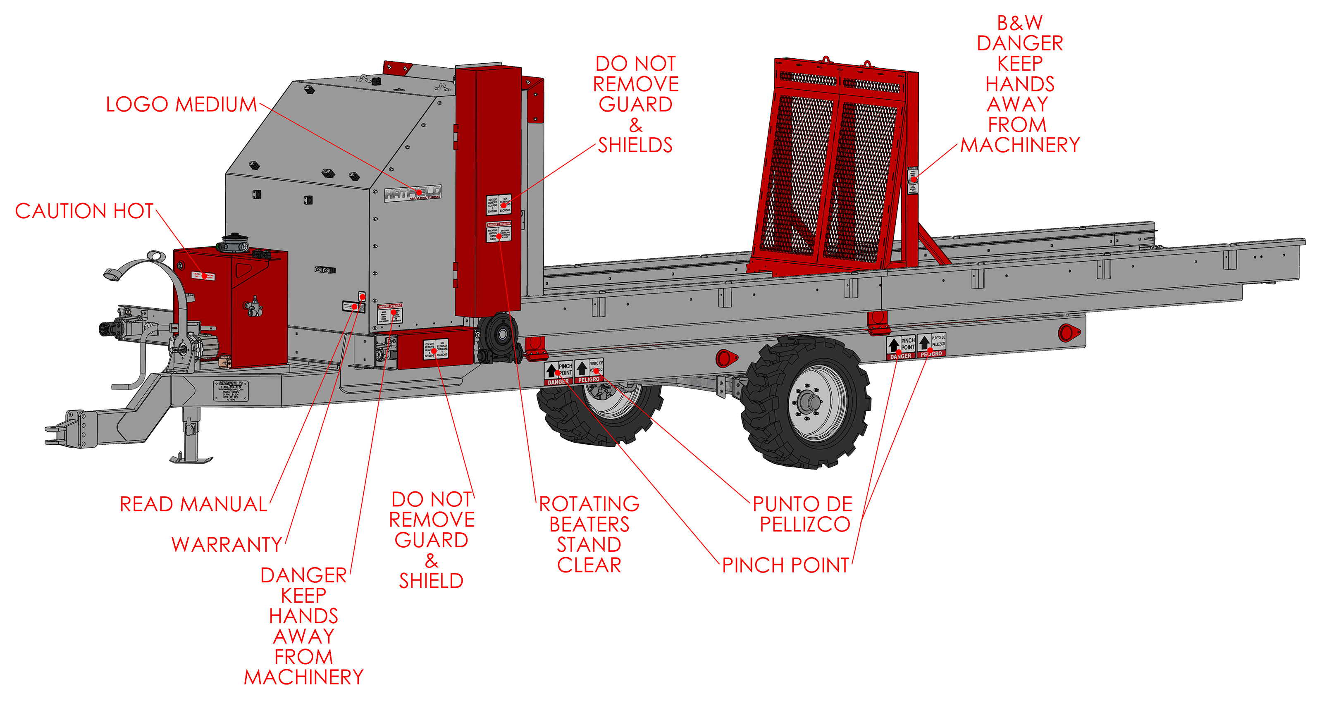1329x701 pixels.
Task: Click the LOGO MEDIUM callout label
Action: click(181, 105)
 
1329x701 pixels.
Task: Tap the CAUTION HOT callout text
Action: click(84, 211)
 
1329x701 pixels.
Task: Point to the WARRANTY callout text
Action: click(227, 545)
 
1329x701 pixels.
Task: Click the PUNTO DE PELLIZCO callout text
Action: click(803, 514)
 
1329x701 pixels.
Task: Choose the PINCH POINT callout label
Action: click(785, 565)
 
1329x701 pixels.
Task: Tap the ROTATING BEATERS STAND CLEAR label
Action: click(589, 534)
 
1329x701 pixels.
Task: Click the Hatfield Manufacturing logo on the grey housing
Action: click(413, 193)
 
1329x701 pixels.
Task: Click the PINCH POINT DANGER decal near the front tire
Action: click(558, 373)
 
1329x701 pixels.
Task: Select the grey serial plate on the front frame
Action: click(231, 391)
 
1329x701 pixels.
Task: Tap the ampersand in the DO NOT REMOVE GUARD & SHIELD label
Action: click(431, 561)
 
